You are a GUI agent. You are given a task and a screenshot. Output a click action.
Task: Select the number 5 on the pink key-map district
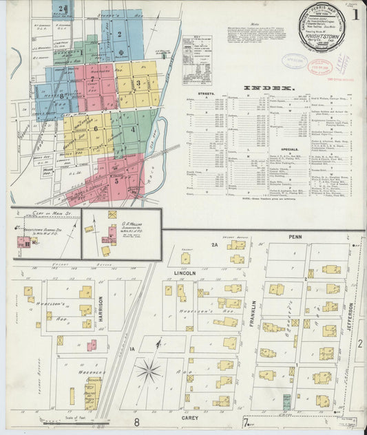click(116, 181)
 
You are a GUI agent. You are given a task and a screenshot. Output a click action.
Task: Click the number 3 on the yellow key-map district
click(139, 84)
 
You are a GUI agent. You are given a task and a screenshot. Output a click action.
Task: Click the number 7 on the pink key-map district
click(92, 79)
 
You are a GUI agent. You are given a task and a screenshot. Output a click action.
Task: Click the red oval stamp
click(296, 61)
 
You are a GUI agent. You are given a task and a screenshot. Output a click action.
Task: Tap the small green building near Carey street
click(286, 401)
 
